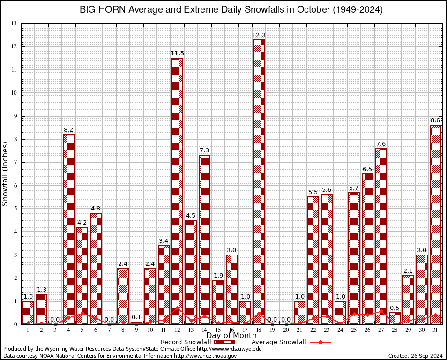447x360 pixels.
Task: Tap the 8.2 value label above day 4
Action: pyautogui.click(x=68, y=129)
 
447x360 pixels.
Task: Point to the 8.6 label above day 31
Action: pyautogui.click(x=435, y=120)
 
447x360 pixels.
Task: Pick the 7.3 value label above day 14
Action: pyautogui.click(x=204, y=150)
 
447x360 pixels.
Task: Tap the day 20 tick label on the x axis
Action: pyautogui.click(x=286, y=330)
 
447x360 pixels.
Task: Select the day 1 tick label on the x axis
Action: pyautogui.click(x=28, y=330)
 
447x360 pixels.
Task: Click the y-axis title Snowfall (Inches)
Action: pyautogui.click(x=6, y=173)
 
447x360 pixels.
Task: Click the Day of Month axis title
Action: pyautogui.click(x=231, y=336)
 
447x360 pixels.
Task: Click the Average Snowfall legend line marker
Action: pyautogui.click(x=320, y=342)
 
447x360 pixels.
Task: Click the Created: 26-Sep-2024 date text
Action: pyautogui.click(x=415, y=356)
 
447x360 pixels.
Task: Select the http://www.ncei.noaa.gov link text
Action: pyautogui.click(x=205, y=356)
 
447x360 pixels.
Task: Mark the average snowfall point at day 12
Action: pyautogui.click(x=177, y=308)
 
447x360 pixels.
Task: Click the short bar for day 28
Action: pyautogui.click(x=395, y=318)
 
